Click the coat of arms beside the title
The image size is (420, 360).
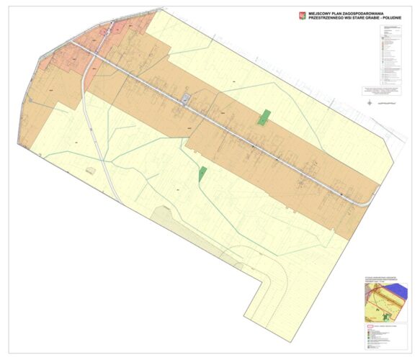(x=300, y=14)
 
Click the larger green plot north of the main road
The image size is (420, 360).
(x=264, y=117)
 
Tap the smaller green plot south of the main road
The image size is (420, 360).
(x=202, y=173)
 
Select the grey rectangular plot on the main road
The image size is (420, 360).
(x=184, y=99)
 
